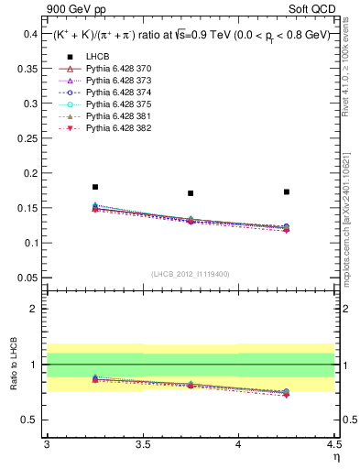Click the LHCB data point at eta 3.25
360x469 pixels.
94,187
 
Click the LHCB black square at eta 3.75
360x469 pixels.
191,193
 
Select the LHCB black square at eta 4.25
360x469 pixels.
287,191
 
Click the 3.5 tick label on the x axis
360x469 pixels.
142,444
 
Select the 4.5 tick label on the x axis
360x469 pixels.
333,444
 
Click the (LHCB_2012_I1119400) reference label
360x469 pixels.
191,273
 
